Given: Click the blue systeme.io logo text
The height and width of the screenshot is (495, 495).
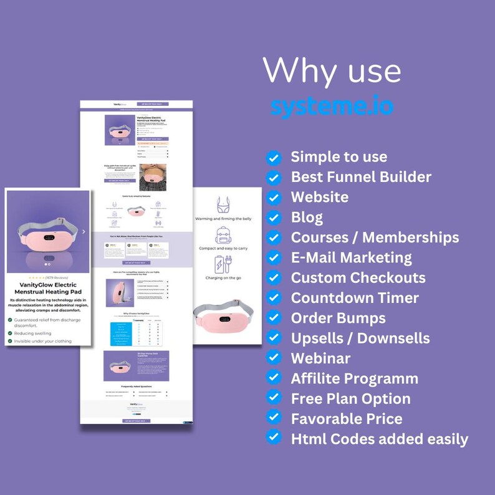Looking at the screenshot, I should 332,107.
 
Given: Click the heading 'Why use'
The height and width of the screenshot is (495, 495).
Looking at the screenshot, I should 331,70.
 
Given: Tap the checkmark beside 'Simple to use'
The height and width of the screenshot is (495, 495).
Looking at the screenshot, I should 273,158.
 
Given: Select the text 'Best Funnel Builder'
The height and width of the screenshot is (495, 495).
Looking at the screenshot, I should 361,177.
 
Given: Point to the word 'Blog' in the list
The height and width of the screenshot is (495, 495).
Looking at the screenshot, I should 307,217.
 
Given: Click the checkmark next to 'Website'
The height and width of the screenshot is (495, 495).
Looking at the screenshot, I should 273,198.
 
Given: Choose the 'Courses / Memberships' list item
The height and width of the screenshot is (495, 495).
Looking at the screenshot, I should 375,238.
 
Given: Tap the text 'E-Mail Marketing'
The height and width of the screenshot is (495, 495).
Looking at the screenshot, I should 351,257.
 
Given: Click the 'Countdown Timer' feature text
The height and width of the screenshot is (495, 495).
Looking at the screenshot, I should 355,298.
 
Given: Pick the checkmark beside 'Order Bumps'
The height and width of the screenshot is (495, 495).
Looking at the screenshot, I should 273,318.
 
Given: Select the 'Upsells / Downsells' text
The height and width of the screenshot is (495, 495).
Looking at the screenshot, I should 360,339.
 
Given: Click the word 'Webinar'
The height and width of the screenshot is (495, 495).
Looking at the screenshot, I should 320,358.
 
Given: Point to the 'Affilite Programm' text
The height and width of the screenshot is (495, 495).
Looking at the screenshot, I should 354,378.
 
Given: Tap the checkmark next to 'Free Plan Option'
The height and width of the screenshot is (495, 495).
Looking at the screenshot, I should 273,398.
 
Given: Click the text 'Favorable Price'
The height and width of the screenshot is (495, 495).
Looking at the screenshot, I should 346,418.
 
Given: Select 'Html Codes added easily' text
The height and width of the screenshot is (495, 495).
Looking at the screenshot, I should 379,439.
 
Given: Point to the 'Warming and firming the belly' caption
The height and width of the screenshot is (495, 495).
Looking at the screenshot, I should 223,219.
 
